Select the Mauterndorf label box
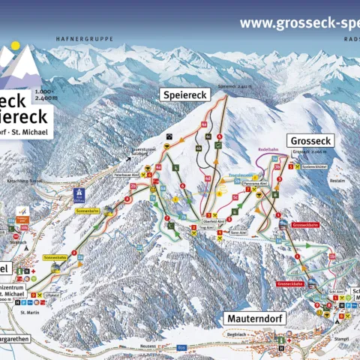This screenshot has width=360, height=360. tap(254, 318)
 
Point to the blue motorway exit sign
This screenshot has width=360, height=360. tap(79, 194)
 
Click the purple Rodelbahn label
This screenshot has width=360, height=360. tap(268, 148)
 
